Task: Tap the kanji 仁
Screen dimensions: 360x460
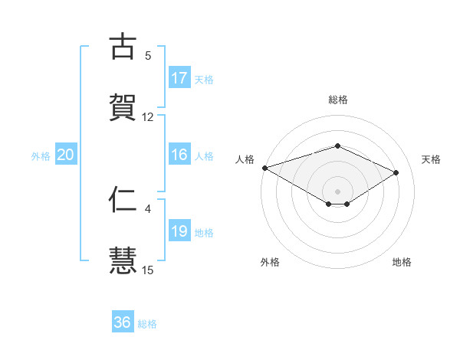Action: (123, 199)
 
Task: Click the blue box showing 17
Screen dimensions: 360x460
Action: (179, 78)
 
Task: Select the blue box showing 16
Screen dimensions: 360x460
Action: (179, 155)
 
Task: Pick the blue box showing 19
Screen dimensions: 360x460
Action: (179, 231)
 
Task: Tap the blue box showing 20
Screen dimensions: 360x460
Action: (66, 155)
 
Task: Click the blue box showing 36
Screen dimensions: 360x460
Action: (123, 322)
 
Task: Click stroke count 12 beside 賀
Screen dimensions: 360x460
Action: (148, 117)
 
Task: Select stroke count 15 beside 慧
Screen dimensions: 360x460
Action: (148, 270)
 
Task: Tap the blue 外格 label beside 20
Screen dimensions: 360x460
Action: (41, 155)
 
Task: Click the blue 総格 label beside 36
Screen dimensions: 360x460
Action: (147, 323)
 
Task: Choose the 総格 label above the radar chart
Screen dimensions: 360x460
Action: (337, 100)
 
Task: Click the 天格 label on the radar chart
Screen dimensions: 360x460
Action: (431, 159)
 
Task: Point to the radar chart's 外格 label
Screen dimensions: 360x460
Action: (269, 262)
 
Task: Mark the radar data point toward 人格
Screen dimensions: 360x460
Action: (264, 168)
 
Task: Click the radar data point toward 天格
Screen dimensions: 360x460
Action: (396, 172)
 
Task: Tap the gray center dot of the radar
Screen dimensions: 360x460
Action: (337, 191)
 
